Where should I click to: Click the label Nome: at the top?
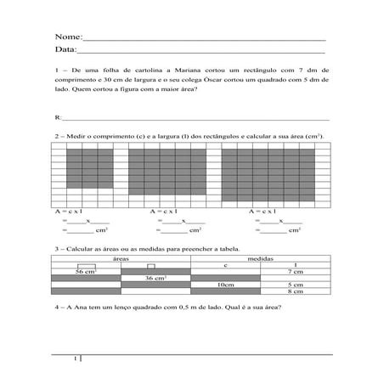point(67,38)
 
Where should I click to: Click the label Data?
point(65,52)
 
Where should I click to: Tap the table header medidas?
point(260,257)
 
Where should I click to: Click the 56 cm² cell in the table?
point(86,271)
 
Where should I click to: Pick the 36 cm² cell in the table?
point(155,278)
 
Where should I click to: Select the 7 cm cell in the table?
point(295,271)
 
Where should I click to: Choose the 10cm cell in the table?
point(225,285)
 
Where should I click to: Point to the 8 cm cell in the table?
point(295,291)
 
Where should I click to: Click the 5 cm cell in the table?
point(295,285)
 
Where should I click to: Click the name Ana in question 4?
point(87,308)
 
